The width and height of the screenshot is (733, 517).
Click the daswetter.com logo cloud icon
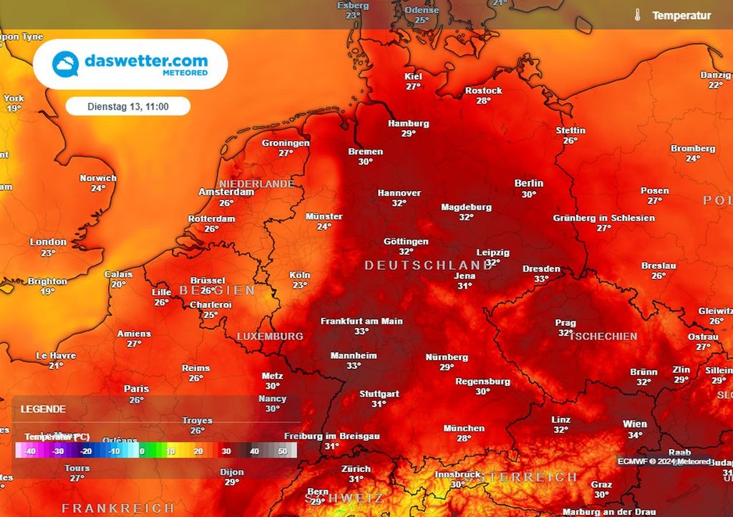66,64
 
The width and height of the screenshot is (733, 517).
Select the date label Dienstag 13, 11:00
128,106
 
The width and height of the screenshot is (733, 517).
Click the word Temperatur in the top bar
681,15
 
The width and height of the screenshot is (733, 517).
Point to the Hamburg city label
408,123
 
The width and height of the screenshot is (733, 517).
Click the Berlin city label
528,183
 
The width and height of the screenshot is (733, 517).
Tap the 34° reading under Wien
635,435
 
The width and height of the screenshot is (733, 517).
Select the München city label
464,428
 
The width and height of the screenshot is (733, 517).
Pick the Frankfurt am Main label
361,321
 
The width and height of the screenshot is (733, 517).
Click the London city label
48,242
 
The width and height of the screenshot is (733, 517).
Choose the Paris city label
136,389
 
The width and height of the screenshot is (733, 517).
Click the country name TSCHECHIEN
603,336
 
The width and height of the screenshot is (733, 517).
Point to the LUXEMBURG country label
270,336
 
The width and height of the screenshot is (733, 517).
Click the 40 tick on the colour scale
254,451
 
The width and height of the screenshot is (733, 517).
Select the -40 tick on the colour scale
29,451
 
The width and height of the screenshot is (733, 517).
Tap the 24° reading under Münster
324,227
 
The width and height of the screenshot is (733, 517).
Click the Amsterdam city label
226,192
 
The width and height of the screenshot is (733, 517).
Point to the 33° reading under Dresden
541,279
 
